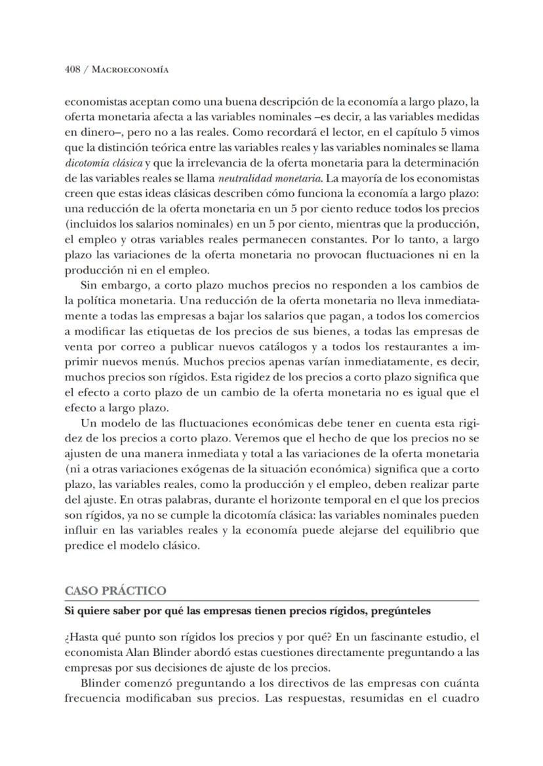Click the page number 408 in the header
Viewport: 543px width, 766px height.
click(72, 70)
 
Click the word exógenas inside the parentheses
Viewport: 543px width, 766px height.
click(211, 469)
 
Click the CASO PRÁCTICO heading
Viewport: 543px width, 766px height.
click(115, 591)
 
